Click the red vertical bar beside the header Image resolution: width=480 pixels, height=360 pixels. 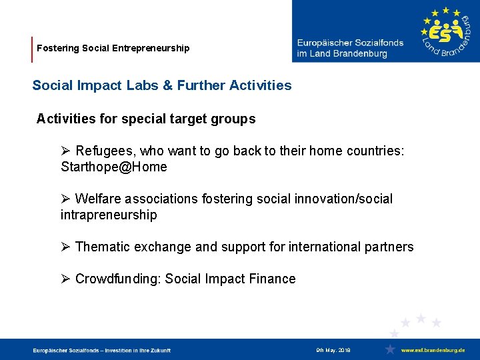(x=32, y=49)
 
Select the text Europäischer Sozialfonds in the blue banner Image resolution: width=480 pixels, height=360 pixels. (x=350, y=43)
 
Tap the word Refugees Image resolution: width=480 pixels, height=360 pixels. (x=102, y=151)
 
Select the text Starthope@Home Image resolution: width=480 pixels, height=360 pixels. (x=114, y=167)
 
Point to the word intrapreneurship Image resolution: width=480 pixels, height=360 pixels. (x=109, y=215)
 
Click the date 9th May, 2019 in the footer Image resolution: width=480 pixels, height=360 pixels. (x=333, y=350)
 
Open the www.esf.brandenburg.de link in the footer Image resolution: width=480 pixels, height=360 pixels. (x=433, y=350)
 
